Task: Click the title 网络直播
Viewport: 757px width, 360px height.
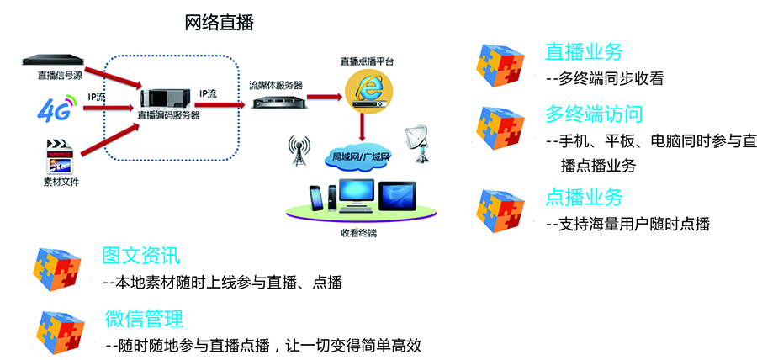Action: [x=220, y=24]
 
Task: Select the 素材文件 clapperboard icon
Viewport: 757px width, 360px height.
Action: [x=58, y=157]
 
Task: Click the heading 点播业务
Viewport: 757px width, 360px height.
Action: [x=585, y=198]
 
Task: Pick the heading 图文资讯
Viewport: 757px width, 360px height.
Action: [x=140, y=256]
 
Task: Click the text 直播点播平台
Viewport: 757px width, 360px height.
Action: [x=367, y=61]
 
